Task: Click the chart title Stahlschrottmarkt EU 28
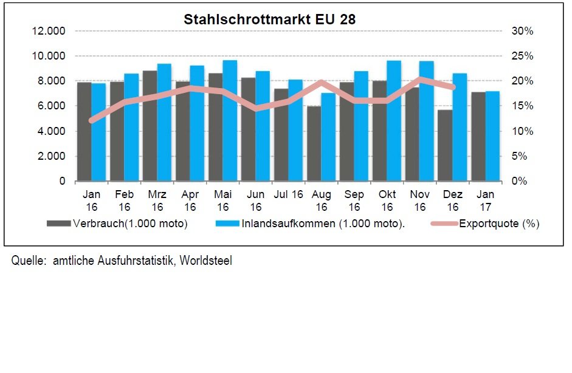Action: point(269,19)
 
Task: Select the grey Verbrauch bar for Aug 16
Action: point(314,143)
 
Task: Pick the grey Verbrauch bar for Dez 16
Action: point(445,145)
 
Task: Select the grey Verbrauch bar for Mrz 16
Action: point(150,126)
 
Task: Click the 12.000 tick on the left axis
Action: point(51,31)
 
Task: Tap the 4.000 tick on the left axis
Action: point(53,131)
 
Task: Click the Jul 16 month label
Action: point(288,195)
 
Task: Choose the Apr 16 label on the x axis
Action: point(190,200)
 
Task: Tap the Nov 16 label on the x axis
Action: point(420,200)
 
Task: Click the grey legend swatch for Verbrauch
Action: point(59,224)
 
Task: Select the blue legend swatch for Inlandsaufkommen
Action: point(228,224)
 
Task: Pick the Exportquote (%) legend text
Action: point(499,224)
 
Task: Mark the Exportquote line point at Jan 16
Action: point(92,121)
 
